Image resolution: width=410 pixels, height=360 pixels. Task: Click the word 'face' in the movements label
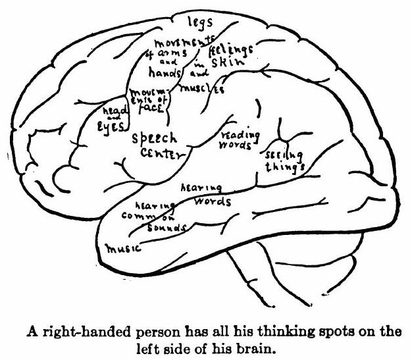pyautogui.click(x=151, y=112)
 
